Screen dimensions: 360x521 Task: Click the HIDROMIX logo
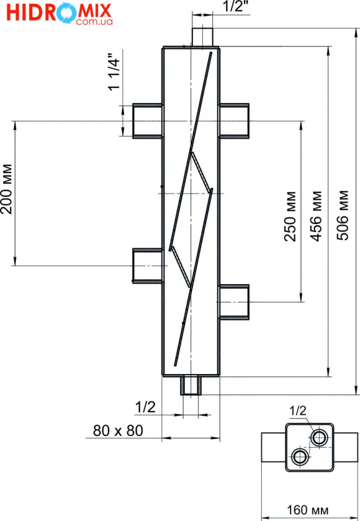(59, 13)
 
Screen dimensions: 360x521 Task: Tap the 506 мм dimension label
(343, 215)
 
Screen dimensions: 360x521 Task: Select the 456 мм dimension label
(316, 216)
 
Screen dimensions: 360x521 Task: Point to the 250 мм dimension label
(290, 216)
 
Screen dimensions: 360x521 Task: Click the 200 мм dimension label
(6, 189)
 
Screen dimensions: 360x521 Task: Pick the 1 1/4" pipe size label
(114, 72)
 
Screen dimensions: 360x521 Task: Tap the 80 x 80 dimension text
(118, 430)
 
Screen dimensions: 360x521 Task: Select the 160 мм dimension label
(307, 510)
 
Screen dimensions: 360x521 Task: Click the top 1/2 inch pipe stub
(202, 37)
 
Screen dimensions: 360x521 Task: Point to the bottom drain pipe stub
(191, 385)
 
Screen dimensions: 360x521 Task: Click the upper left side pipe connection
(148, 121)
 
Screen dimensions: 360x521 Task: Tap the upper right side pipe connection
(234, 121)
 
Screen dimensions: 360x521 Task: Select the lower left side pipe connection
(148, 266)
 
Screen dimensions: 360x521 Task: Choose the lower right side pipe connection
(234, 302)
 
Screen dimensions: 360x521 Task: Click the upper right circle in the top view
(319, 437)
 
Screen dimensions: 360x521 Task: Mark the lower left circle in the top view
(300, 456)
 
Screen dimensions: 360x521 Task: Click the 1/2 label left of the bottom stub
(145, 407)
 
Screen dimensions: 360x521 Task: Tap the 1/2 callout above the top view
(298, 411)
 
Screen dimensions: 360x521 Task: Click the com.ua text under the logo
(94, 22)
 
